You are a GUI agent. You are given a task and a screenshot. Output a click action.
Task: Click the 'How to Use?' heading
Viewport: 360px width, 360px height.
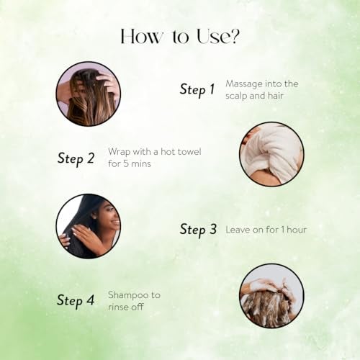click(x=180, y=37)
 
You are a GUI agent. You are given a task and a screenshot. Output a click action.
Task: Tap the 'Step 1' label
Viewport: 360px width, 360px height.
click(x=197, y=89)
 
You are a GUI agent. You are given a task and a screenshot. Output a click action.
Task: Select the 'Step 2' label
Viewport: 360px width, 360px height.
click(x=76, y=158)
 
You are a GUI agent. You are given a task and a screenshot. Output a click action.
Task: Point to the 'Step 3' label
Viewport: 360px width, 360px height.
click(x=198, y=229)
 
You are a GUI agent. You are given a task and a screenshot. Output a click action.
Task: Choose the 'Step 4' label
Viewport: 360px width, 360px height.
click(x=76, y=301)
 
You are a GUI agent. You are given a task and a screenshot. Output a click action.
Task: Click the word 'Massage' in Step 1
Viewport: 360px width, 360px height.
click(x=244, y=84)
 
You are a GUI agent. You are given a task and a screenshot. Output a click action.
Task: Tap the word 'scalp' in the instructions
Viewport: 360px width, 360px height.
click(x=236, y=96)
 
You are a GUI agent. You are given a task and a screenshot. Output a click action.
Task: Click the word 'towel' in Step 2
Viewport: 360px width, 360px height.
click(x=189, y=152)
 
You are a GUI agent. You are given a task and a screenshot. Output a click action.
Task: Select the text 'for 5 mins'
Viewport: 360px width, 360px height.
click(x=130, y=163)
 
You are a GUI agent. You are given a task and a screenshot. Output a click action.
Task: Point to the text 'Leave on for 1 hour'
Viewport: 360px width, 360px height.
click(x=266, y=230)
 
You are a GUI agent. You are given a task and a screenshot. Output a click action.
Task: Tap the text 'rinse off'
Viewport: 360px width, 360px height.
click(x=126, y=307)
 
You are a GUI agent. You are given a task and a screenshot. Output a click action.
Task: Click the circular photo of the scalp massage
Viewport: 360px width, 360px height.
click(x=89, y=94)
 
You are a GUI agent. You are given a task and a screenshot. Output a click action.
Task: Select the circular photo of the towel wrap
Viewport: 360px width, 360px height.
click(x=271, y=154)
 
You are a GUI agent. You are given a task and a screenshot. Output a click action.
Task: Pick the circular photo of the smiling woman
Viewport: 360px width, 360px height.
click(x=89, y=226)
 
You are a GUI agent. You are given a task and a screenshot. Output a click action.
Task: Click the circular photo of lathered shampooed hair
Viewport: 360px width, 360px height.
click(x=271, y=296)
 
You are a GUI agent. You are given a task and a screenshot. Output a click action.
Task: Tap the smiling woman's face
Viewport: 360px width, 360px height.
click(x=109, y=217)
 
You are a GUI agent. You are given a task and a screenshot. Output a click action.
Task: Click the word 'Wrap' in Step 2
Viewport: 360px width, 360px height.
click(x=119, y=153)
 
